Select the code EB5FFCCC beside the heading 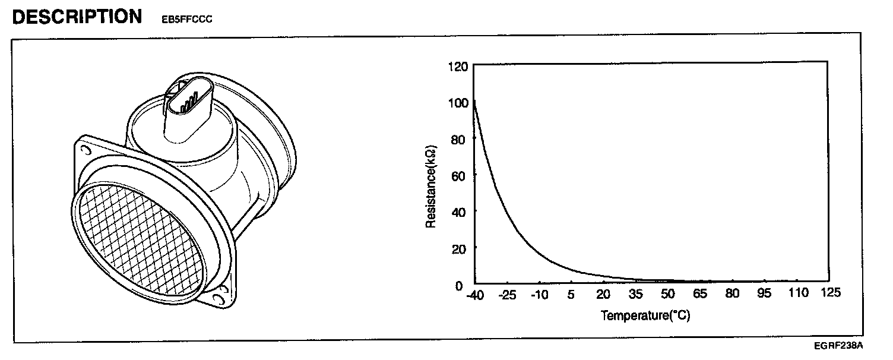click(x=187, y=19)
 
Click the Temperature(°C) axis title click(x=645, y=315)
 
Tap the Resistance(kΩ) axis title click(x=432, y=185)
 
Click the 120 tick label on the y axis click(x=459, y=66)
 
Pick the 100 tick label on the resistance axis click(x=459, y=102)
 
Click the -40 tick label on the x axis click(x=475, y=295)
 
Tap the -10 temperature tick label click(x=540, y=295)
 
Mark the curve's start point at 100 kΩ click(x=474, y=102)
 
